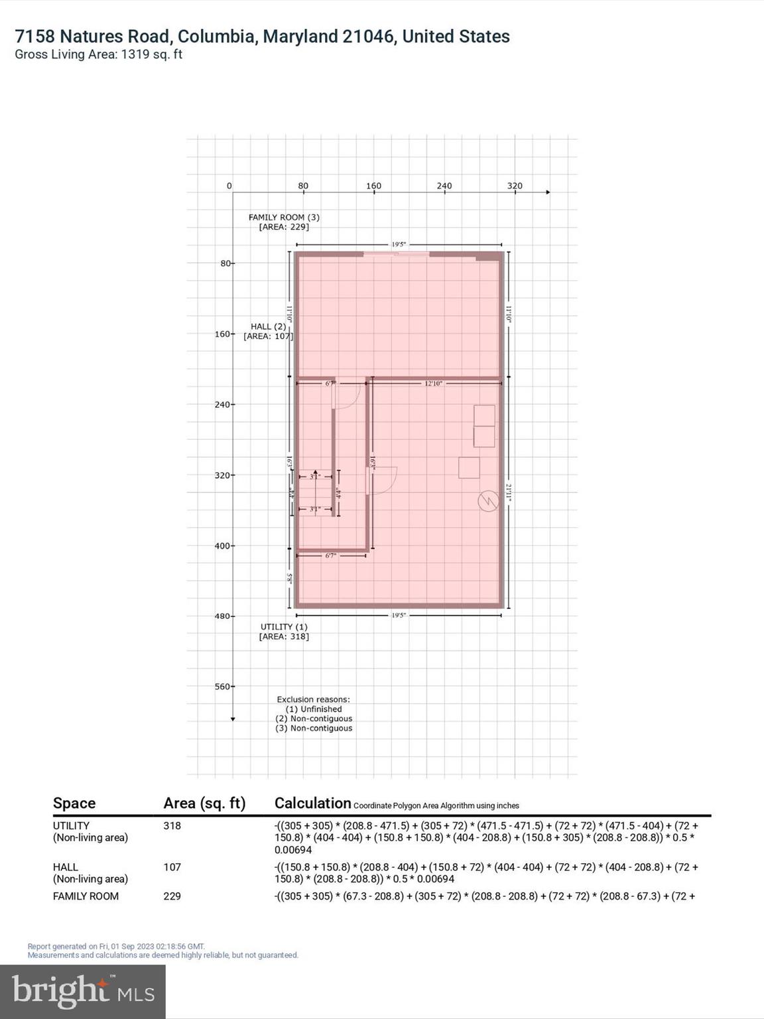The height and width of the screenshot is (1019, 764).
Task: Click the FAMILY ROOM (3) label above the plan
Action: (x=284, y=217)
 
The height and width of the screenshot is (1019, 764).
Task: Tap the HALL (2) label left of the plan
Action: (x=268, y=326)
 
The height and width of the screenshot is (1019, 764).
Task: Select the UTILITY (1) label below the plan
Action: (x=284, y=627)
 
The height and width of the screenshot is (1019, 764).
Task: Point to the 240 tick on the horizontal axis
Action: (x=444, y=186)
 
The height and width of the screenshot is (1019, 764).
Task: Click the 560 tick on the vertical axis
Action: (x=223, y=687)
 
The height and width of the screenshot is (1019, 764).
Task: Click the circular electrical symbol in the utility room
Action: (x=488, y=501)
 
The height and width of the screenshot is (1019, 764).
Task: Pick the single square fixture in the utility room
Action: (x=469, y=468)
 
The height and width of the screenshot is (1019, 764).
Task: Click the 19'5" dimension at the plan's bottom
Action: (x=398, y=616)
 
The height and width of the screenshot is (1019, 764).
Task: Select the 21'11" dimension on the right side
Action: (x=509, y=492)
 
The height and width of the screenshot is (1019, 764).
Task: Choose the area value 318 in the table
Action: (x=172, y=826)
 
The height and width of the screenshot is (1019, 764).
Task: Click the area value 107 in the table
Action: (x=172, y=867)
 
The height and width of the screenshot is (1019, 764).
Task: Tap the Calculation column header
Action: (x=312, y=803)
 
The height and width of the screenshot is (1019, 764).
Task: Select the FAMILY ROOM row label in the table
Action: (x=86, y=896)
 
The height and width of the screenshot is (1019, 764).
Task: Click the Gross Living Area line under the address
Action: (x=98, y=54)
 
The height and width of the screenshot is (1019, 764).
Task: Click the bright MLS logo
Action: (x=83, y=992)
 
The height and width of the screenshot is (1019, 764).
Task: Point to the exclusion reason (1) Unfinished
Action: (x=314, y=709)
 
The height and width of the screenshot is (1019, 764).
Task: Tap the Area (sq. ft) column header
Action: (x=204, y=803)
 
